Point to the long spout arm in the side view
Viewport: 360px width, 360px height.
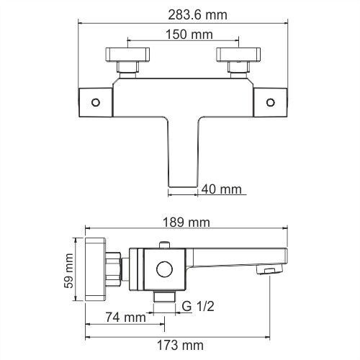(x=238, y=256)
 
